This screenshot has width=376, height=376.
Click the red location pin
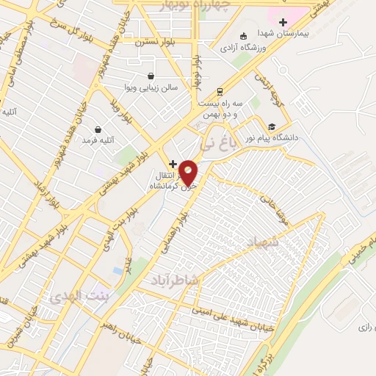pyautogui.click(x=189, y=171)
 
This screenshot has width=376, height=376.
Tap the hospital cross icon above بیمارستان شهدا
pyautogui.click(x=283, y=23)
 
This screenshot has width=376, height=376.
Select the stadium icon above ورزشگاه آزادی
pyautogui.click(x=244, y=36)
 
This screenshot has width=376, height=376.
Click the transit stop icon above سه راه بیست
pyautogui.click(x=219, y=92)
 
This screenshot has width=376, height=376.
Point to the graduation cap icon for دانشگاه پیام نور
pyautogui.click(x=272, y=126)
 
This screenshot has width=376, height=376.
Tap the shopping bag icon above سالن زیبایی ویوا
pyautogui.click(x=151, y=76)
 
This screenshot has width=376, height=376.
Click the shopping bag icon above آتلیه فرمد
pyautogui.click(x=97, y=129)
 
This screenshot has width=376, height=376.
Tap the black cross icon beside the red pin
pyautogui.click(x=173, y=163)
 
